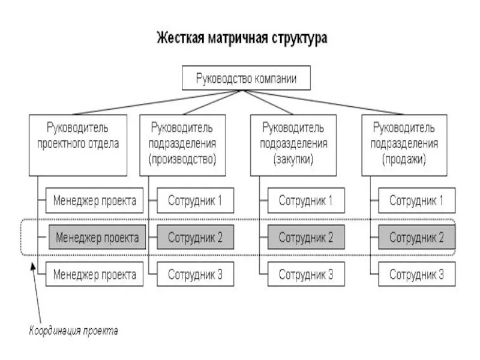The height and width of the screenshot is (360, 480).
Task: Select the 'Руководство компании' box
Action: pos(245,78)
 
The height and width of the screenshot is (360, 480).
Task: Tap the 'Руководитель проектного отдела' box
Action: pos(78,145)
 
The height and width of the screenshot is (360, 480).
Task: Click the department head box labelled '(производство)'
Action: pos(183,145)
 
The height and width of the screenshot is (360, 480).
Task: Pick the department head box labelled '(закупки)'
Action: pos(293,145)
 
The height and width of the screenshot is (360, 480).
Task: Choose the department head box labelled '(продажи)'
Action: pos(404,145)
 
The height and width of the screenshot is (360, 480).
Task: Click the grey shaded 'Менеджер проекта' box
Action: pos(97,238)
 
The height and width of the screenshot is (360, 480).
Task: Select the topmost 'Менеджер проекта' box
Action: pos(95,200)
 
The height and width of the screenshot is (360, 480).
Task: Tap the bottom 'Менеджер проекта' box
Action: pos(95,275)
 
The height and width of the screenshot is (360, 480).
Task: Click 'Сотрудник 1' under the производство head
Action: pos(195,200)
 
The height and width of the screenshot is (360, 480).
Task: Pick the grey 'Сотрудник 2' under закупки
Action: pos(305,238)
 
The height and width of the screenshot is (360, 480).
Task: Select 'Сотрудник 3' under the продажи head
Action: pos(416,275)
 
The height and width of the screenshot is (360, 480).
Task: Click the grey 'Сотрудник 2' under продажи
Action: pos(416,238)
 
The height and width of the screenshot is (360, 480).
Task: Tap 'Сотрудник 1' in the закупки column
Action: pos(305,200)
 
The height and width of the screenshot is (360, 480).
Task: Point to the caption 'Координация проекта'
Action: pos(74,330)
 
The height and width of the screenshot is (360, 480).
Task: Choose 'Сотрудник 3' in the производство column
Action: pos(195,275)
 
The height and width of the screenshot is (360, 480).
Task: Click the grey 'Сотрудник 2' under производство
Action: pos(195,238)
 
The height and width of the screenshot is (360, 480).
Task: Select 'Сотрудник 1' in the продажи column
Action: pos(416,200)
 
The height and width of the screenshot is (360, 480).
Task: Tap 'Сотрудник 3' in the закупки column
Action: pos(305,275)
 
